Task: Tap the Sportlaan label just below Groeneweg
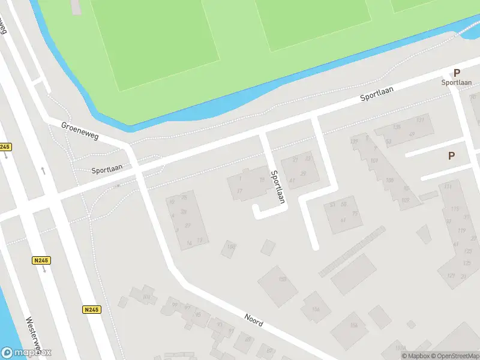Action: coord(107,170)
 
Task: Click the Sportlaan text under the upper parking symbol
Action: coord(456,82)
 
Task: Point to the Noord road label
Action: coord(254,319)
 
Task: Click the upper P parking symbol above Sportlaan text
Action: coord(457,72)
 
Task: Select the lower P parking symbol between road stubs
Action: coord(451,155)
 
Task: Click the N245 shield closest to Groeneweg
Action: coord(5,147)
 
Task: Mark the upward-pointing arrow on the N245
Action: coord(43,170)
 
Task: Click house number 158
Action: coord(282,280)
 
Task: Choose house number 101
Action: coord(374,161)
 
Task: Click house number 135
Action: coord(396,127)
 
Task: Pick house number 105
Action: coord(389,180)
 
